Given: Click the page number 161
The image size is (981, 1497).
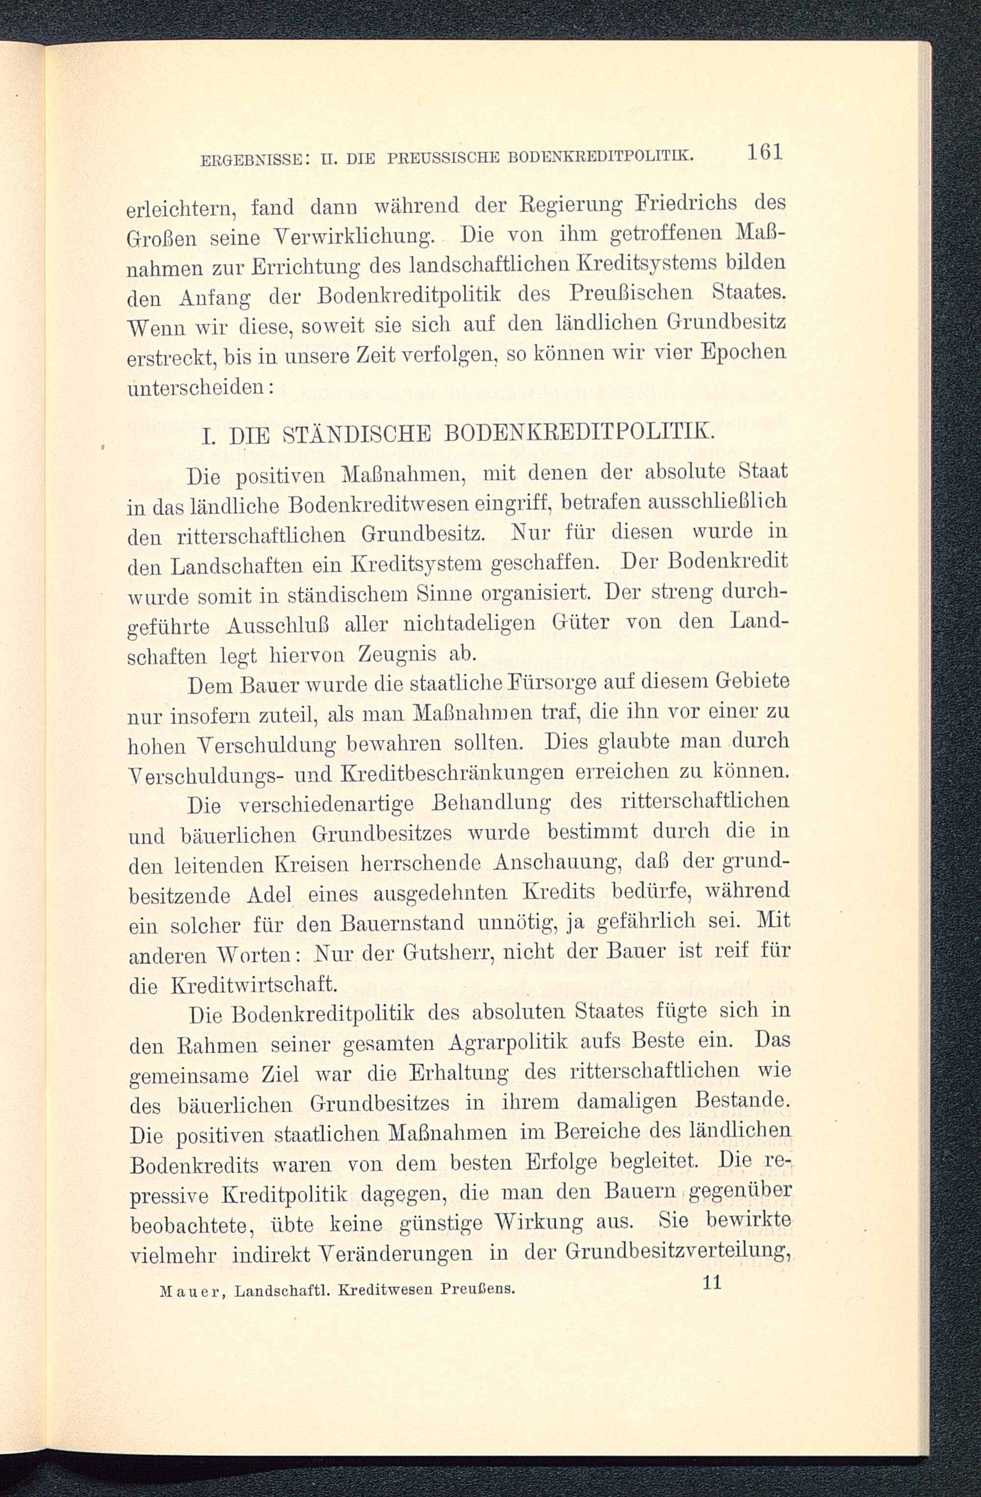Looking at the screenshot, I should point(764,153).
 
